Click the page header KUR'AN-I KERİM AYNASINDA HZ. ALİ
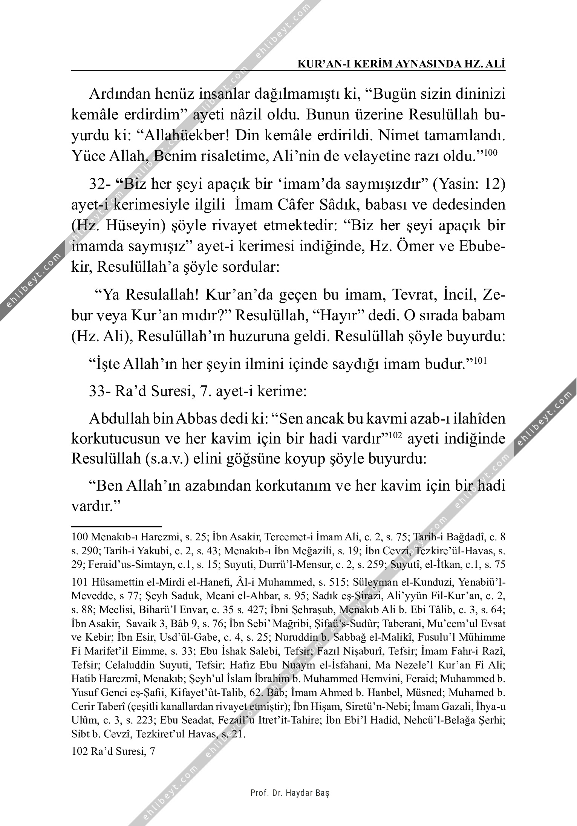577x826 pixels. (x=401, y=64)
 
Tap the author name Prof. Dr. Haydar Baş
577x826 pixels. (x=290, y=793)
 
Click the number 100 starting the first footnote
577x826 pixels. (x=79, y=537)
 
